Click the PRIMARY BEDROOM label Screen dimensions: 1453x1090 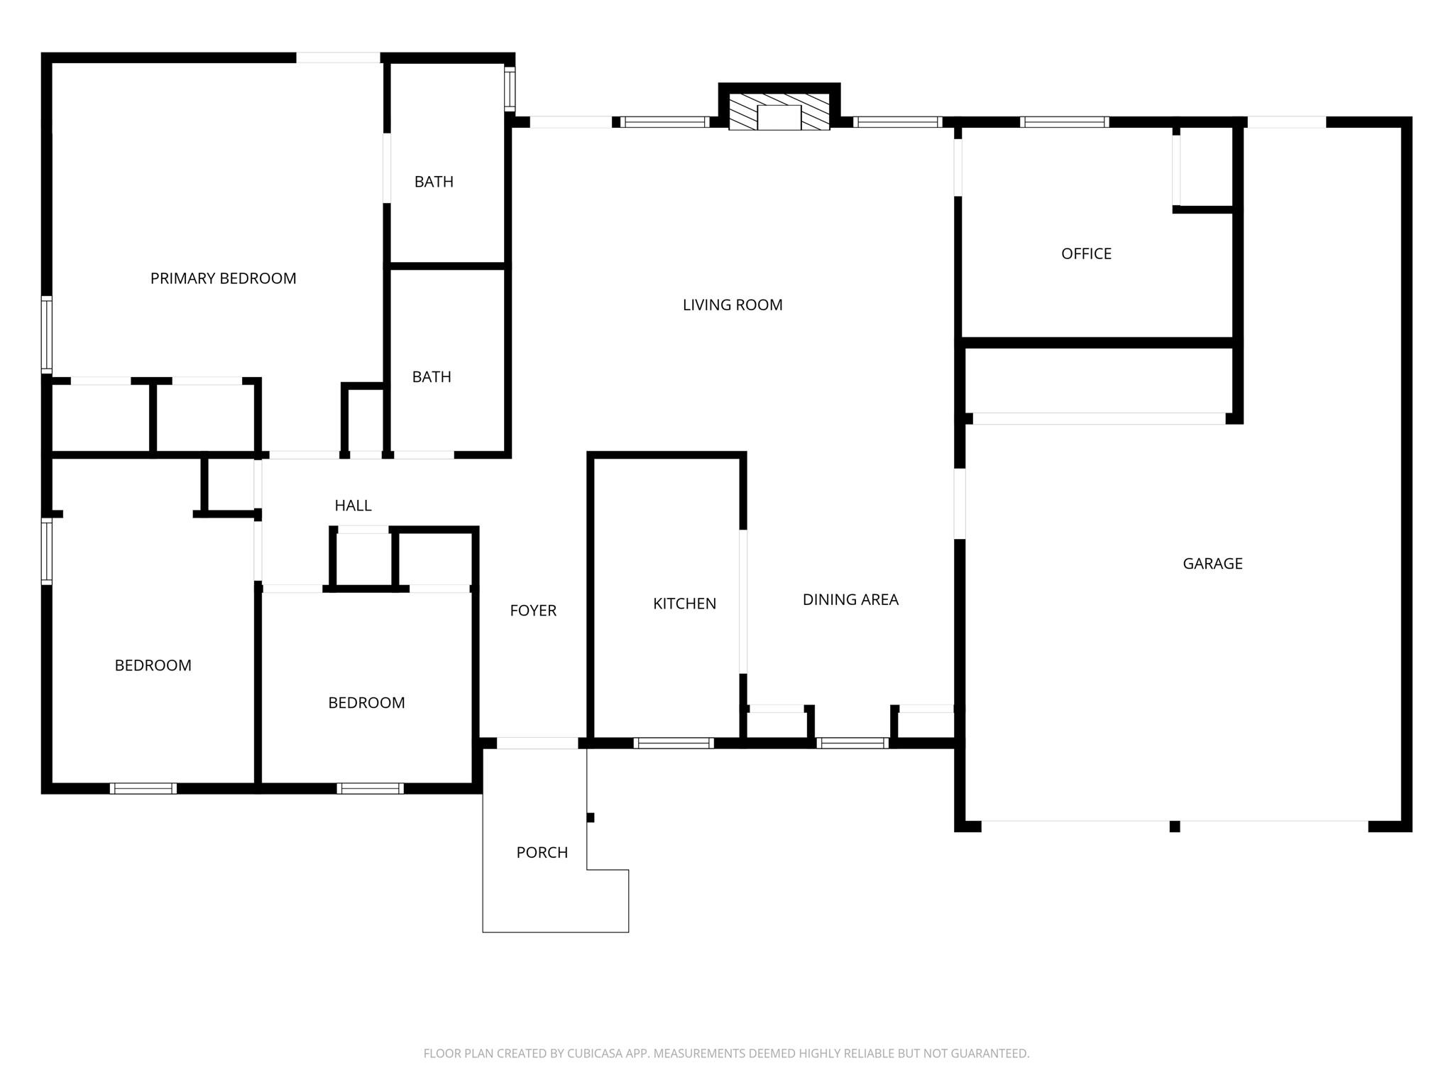[x=223, y=278]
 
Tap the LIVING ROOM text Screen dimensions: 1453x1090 [x=733, y=305]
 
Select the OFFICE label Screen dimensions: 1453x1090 [x=1086, y=254]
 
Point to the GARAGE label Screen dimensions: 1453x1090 [x=1212, y=563]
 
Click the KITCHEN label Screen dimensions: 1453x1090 [x=684, y=604]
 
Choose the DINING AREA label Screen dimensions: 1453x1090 [x=850, y=599]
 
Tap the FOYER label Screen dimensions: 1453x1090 [x=533, y=610]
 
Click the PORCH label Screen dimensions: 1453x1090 [x=542, y=852]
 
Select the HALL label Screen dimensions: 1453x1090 [x=353, y=506]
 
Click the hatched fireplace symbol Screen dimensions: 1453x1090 [x=779, y=111]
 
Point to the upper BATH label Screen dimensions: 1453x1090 [x=434, y=182]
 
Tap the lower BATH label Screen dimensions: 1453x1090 [x=432, y=377]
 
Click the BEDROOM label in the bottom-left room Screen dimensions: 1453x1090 [x=153, y=665]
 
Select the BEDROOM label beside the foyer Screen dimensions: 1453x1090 [x=366, y=702]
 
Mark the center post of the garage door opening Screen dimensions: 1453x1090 [x=1175, y=827]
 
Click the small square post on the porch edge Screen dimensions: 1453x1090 [x=591, y=817]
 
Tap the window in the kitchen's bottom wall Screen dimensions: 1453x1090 [x=674, y=743]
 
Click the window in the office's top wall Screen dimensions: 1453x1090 [x=1064, y=122]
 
